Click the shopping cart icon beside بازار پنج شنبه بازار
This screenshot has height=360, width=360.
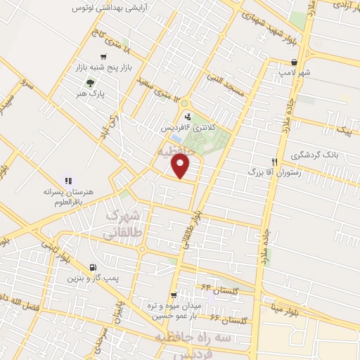105,57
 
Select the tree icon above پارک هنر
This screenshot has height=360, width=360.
89,83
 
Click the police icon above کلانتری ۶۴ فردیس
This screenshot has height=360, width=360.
187,117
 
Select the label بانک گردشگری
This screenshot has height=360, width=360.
319,153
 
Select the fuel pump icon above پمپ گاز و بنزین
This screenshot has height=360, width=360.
94,268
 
